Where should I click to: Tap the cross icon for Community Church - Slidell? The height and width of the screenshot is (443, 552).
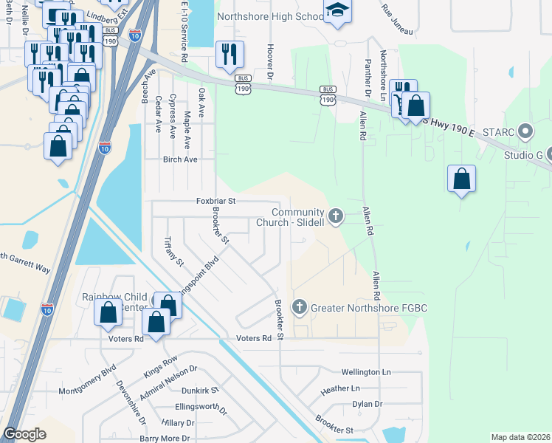336,216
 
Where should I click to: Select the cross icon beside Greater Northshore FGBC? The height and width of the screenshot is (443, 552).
300,307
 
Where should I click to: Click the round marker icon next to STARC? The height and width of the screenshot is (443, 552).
525,133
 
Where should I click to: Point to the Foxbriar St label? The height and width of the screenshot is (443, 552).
215,201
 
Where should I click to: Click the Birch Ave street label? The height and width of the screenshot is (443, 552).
180,159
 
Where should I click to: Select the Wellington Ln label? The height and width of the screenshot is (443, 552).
365,372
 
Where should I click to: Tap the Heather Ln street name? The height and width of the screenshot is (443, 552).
339,388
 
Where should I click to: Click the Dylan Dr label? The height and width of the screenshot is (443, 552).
367,404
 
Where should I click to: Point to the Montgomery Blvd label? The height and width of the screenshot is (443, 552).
88,376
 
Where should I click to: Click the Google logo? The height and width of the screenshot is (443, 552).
25,434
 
